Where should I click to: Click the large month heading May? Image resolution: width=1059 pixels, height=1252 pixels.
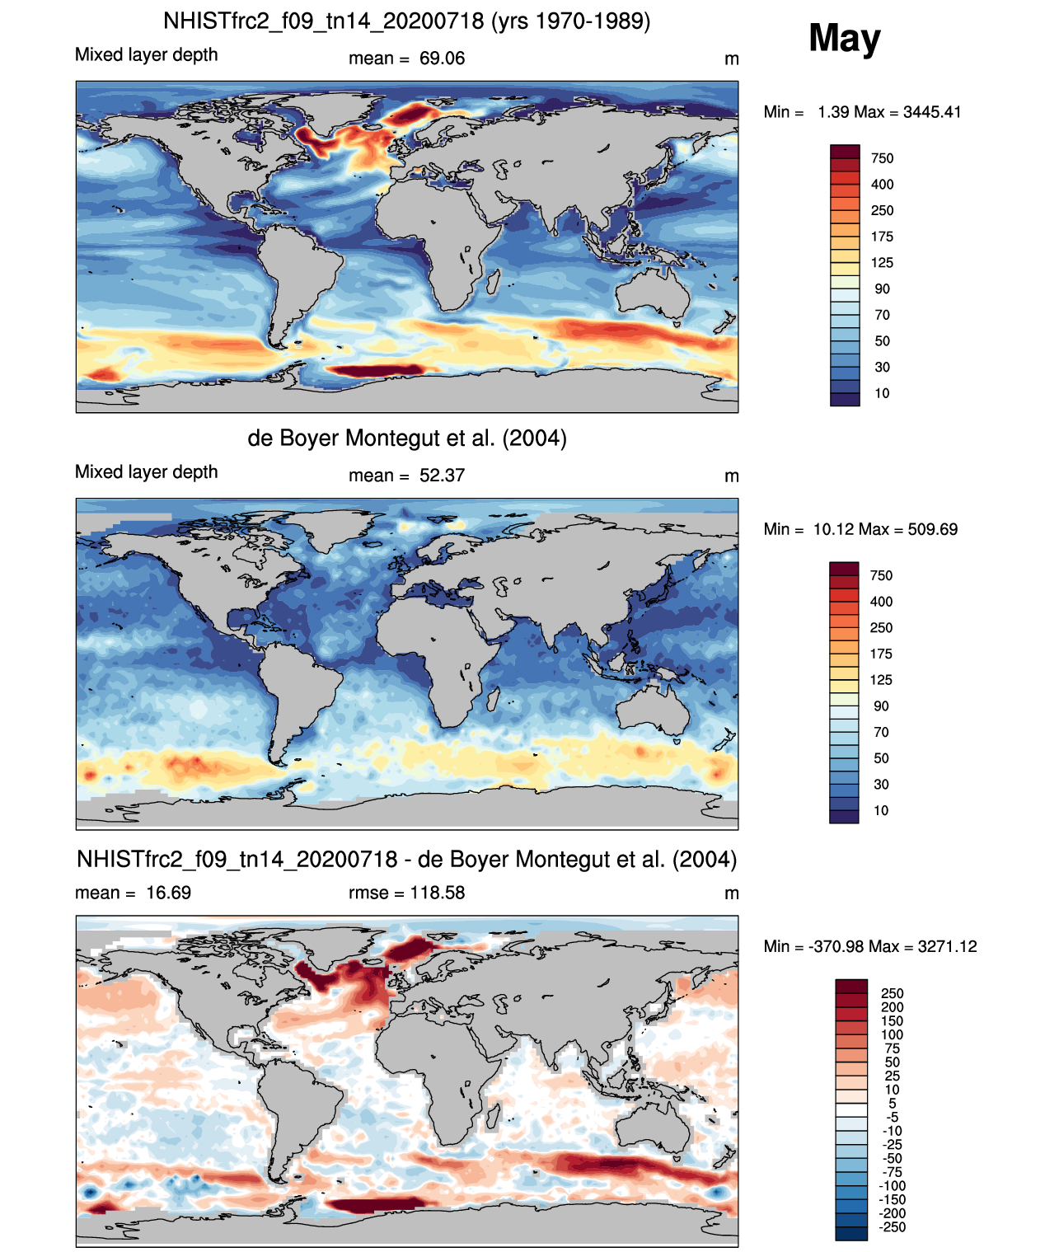(x=844, y=38)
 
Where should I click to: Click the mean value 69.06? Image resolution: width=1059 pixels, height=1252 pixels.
(x=442, y=59)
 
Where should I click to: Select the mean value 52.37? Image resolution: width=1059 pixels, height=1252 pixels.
(x=442, y=476)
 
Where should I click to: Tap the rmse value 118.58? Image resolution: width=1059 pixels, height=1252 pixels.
(x=437, y=893)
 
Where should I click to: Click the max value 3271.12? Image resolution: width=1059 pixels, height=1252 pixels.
(x=947, y=947)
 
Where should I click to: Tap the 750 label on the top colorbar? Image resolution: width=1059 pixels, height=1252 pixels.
(x=882, y=158)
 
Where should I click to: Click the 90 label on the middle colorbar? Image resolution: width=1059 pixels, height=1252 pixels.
(x=881, y=706)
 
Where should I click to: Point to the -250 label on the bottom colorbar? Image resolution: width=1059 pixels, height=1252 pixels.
(x=893, y=1227)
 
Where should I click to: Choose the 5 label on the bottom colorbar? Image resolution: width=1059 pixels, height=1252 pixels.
(x=893, y=1104)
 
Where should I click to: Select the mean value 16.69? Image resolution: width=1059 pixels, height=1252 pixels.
(x=168, y=893)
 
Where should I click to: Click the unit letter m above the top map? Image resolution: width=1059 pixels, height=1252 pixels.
(x=732, y=59)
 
